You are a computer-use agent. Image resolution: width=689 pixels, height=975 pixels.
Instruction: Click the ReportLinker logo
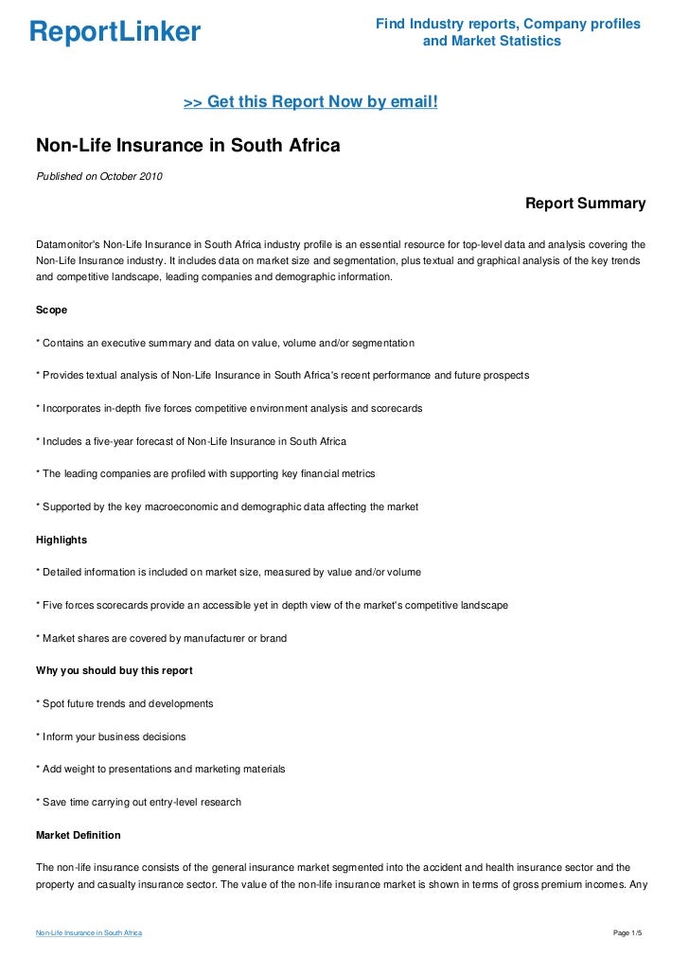point(115,32)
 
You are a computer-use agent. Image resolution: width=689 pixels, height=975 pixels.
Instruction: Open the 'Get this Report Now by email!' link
point(310,101)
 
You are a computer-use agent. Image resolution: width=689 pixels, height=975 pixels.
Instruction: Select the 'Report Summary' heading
point(585,204)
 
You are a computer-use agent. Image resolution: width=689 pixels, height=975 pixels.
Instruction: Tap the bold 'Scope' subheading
point(51,310)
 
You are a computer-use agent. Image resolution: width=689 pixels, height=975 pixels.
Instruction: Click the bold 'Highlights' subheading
point(62,540)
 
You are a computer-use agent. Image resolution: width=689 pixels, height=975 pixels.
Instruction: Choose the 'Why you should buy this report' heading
point(115,671)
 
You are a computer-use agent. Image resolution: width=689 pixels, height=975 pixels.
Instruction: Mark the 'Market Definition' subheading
point(78,835)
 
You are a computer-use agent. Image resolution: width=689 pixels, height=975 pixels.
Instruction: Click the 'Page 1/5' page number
point(627,933)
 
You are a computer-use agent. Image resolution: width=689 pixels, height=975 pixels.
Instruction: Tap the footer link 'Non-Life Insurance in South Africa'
point(89,933)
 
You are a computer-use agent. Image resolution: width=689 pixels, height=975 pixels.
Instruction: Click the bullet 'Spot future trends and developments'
point(124,703)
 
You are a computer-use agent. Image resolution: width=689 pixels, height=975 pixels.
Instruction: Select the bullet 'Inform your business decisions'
point(111,736)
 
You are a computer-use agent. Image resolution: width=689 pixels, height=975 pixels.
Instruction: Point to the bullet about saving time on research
point(138,802)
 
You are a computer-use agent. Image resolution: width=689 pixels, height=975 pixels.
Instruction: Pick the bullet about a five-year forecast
point(191,441)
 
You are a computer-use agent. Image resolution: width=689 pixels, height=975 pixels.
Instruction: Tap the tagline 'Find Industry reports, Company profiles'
point(508,24)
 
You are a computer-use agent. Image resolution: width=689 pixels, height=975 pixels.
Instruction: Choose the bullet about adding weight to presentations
point(160,769)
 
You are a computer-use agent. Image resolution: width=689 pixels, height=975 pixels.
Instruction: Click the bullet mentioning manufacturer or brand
point(161,638)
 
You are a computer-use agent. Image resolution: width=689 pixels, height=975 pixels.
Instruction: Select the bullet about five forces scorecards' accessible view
point(272,605)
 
